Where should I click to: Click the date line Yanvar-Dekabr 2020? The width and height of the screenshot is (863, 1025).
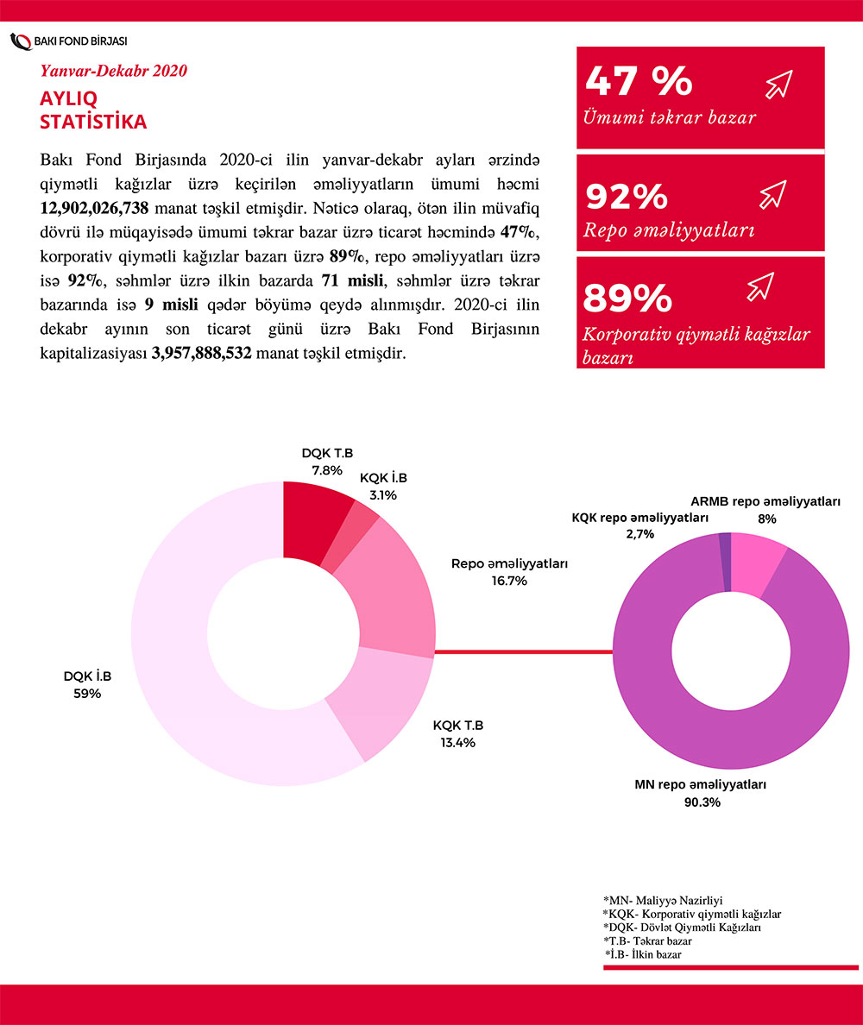114,71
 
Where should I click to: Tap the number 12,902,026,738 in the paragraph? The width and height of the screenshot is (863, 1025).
95,209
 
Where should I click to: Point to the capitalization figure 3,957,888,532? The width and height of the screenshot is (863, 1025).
200,354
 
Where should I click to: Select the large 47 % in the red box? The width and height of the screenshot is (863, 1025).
639,80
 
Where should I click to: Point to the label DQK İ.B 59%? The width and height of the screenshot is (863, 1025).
87,684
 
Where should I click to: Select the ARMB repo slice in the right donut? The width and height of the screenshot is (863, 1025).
754,564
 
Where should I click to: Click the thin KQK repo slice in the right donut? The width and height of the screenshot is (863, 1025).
725,562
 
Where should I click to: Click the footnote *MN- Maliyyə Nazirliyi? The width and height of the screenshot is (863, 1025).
663,899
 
